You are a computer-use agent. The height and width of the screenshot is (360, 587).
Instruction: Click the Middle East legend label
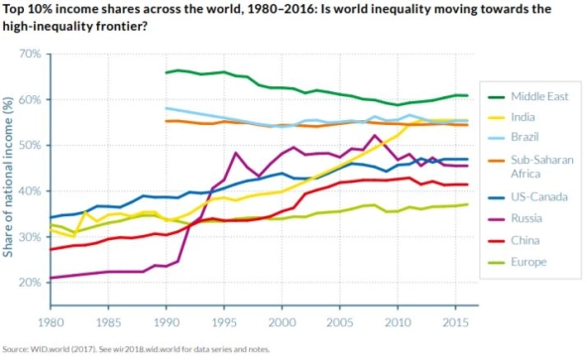pyautogui.click(x=539, y=96)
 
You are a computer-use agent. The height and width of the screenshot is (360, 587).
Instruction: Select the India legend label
pyautogui.click(x=523, y=117)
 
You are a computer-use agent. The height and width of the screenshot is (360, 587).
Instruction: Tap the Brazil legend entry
pyautogui.click(x=525, y=137)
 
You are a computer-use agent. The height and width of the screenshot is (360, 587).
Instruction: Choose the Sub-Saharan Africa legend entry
pyautogui.click(x=542, y=167)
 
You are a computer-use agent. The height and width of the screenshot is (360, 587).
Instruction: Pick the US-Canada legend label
pyautogui.click(x=539, y=197)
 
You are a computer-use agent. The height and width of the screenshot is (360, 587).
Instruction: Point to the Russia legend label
pyautogui.click(x=527, y=218)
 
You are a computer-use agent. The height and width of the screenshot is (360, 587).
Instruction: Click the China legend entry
pyautogui.click(x=526, y=240)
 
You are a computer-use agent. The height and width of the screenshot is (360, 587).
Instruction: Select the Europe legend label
pyautogui.click(x=528, y=262)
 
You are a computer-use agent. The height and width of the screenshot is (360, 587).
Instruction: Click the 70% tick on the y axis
pyautogui.click(x=30, y=54)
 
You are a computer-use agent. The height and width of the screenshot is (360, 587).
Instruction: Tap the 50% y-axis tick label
pyautogui.click(x=30, y=146)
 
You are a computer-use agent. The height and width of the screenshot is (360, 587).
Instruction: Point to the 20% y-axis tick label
pyautogui.click(x=30, y=282)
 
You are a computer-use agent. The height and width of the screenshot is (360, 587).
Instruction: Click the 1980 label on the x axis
pyautogui.click(x=51, y=322)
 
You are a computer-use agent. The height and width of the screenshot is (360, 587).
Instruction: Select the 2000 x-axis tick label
pyautogui.click(x=282, y=322)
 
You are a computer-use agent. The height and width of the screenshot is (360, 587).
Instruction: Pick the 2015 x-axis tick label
pyautogui.click(x=455, y=322)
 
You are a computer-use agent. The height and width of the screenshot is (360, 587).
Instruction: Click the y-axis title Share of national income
pyautogui.click(x=8, y=177)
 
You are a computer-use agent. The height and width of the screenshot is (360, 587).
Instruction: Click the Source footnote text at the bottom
pyautogui.click(x=136, y=349)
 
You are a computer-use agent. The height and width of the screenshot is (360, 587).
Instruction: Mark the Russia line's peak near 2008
pyautogui.click(x=375, y=135)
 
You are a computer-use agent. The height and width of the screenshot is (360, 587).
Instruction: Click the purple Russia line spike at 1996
pyautogui.click(x=235, y=153)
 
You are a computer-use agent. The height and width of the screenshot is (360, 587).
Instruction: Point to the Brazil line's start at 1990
pyautogui.click(x=167, y=108)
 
